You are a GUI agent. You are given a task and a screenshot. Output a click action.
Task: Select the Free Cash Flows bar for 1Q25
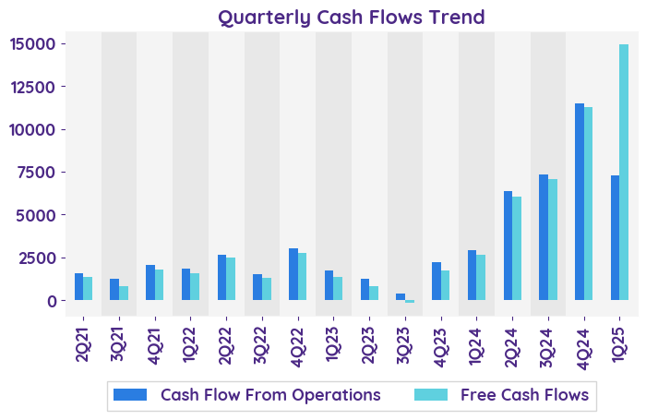point(624,173)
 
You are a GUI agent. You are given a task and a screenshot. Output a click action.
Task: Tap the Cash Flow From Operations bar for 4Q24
point(580,202)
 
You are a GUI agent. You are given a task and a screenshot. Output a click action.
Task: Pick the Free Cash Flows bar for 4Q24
point(588,204)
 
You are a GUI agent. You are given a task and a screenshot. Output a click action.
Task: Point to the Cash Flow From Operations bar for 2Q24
point(508,246)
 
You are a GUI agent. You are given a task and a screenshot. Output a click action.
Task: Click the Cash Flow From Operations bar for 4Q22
point(293,274)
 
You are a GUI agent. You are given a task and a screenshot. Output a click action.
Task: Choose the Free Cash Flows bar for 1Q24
point(481,277)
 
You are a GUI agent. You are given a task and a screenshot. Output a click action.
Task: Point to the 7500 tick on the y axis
point(44,173)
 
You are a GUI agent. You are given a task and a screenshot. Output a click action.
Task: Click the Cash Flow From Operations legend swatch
point(130,395)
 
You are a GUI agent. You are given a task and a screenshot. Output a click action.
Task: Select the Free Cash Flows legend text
point(524,395)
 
